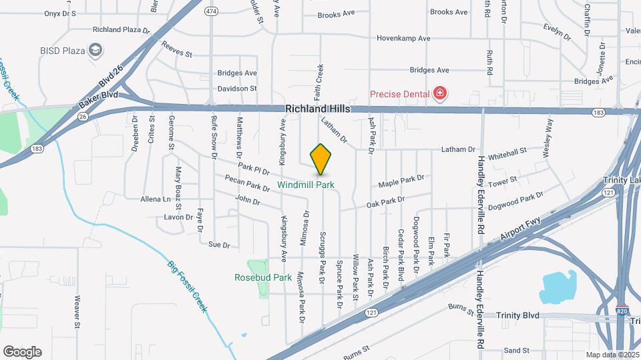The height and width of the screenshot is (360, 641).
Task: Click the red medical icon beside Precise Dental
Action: tap(439, 94)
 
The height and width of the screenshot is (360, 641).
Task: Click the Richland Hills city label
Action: tap(316, 109)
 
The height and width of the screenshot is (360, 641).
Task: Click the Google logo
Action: tap(22, 351)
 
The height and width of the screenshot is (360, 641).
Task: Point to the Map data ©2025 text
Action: tap(611, 355)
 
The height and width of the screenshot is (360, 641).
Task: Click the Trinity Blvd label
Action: tap(517, 315)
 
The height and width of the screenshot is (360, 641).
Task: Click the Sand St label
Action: tap(517, 350)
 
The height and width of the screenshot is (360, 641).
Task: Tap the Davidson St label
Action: tap(237, 89)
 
